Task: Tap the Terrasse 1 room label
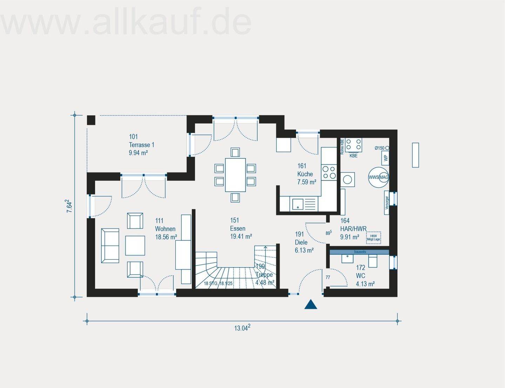pos(141,145)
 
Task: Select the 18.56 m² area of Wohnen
pos(166,237)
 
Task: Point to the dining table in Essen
pos(235,175)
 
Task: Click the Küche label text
pos(305,174)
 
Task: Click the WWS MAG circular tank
pos(378,177)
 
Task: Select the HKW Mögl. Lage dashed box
pos(373,238)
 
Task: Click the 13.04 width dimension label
pos(242,328)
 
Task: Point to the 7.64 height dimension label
pos(69,206)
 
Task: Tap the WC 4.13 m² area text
pos(365,284)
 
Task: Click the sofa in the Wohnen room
pos(110,245)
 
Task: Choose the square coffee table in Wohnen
pos(135,245)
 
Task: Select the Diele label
pos(301,242)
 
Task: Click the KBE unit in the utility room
pos(353,145)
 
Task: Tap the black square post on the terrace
pos(91,120)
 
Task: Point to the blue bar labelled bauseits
pos(359,252)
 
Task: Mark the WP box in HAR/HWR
pos(386,158)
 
